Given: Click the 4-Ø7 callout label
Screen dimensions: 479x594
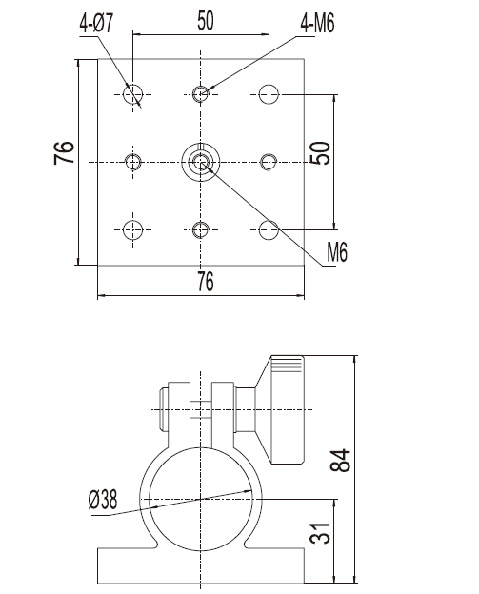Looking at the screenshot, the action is click(x=96, y=24).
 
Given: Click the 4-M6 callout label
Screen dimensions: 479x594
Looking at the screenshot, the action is click(x=317, y=24).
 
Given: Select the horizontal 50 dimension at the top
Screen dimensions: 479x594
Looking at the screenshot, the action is click(x=206, y=20).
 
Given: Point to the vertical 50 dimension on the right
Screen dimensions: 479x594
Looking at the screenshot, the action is click(x=320, y=152).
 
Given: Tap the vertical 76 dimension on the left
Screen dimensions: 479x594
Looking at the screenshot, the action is click(x=64, y=152).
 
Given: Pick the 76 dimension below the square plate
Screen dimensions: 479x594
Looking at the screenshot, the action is click(x=206, y=281).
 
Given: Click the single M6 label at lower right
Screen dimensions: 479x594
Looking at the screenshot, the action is click(x=337, y=252).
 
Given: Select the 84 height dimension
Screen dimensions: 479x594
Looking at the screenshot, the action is click(x=340, y=461).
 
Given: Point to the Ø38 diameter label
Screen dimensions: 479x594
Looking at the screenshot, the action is click(x=103, y=500).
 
